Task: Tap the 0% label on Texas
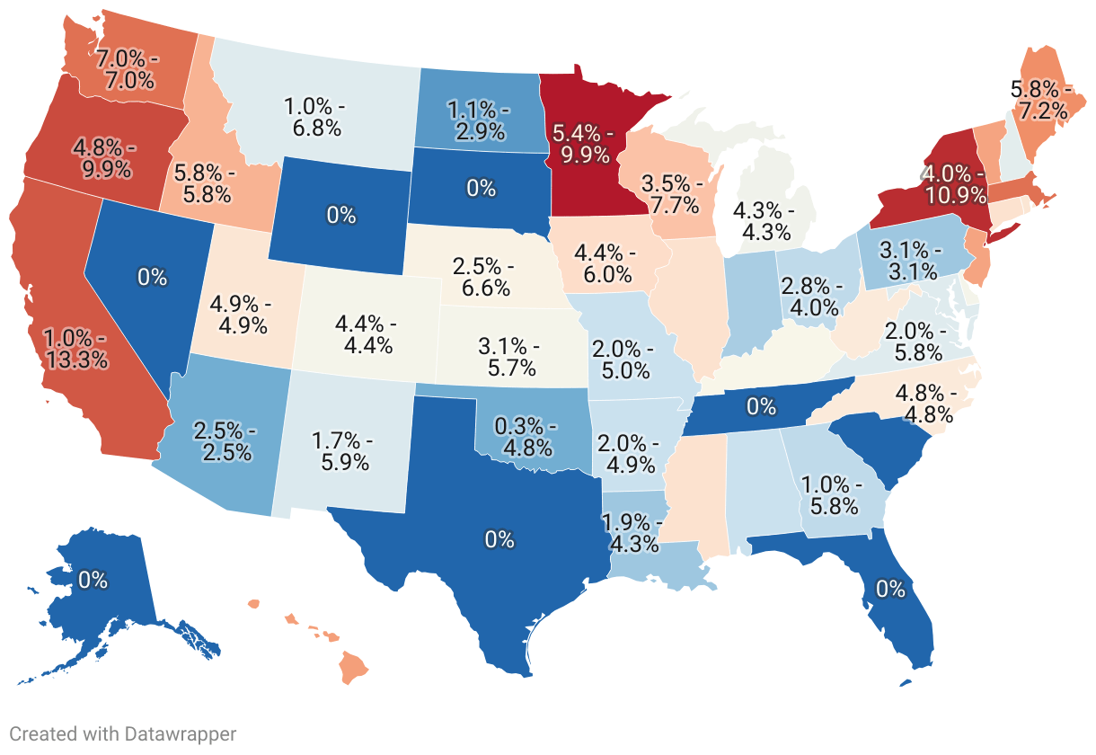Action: pyautogui.click(x=499, y=539)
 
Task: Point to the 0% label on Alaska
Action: pyautogui.click(x=93, y=580)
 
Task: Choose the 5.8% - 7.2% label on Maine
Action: pyautogui.click(x=1040, y=100)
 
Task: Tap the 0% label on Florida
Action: pyautogui.click(x=890, y=589)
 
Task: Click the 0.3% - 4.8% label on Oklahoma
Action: pyautogui.click(x=529, y=435)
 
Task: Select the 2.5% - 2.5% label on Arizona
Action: pyautogui.click(x=225, y=441)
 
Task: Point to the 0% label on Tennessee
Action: pyautogui.click(x=761, y=406)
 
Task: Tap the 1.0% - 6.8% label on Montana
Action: pyautogui.click(x=314, y=117)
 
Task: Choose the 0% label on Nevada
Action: pyautogui.click(x=153, y=277)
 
